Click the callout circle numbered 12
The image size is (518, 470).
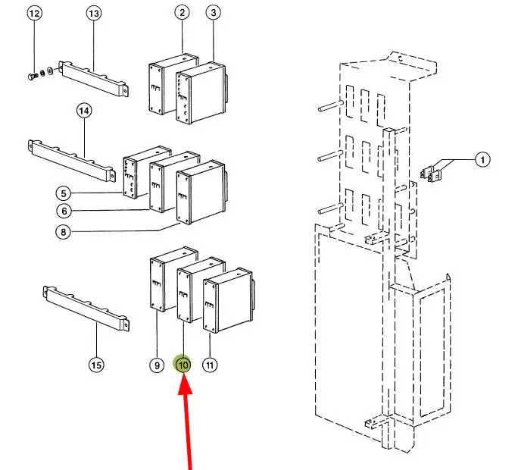35,14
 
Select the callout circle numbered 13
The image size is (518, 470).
94,14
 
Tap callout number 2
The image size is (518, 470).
183,12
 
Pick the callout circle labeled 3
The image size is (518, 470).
214,12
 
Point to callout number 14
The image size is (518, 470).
84,111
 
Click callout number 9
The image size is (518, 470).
156,365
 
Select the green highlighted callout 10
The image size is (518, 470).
183,365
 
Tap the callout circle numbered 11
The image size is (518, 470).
211,365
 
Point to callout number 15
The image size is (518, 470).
96,365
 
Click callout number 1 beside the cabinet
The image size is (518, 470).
482,159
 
